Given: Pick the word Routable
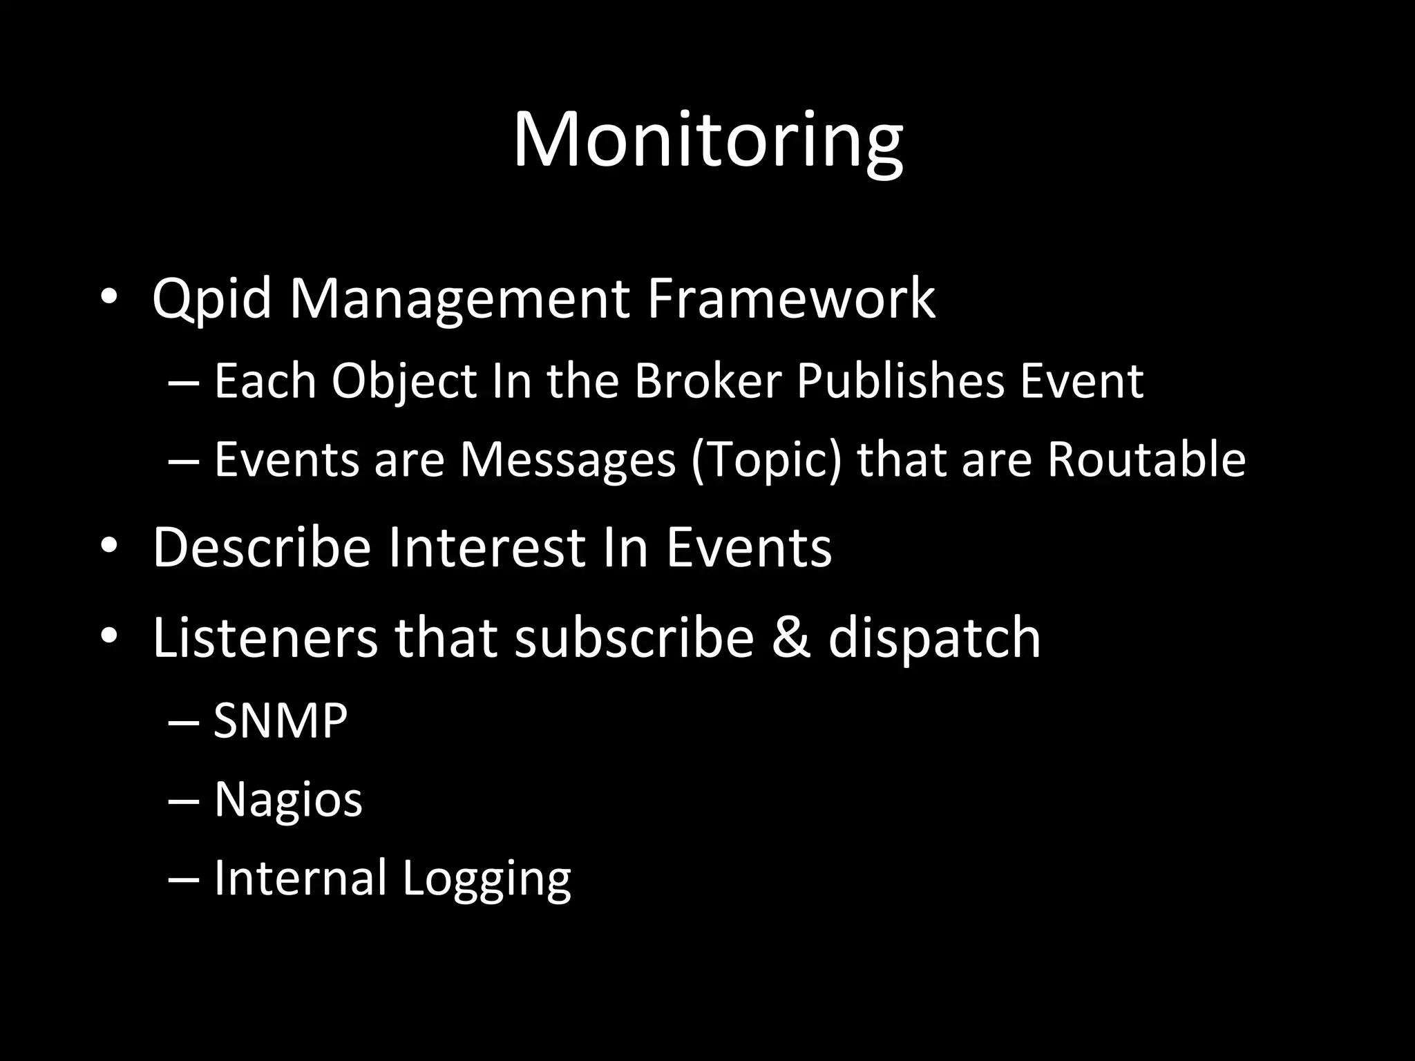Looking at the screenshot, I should tap(1146, 459).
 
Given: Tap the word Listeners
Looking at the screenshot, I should tap(265, 637).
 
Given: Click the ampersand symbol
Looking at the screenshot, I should tap(790, 637).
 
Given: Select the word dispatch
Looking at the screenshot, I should tap(934, 638).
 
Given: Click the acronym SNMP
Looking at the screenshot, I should tap(280, 720).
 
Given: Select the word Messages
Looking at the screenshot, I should tap(568, 460).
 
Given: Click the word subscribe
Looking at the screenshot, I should tap(634, 637).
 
